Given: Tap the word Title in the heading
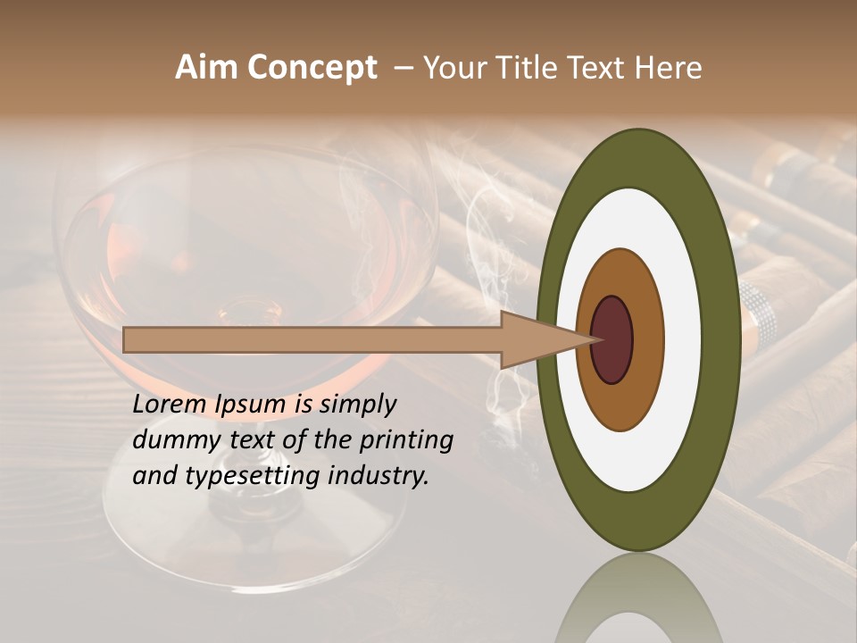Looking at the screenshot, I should point(530,68).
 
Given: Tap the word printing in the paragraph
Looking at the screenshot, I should point(405,440).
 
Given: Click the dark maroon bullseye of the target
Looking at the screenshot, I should point(612,340).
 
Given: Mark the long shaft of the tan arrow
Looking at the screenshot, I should point(312,340).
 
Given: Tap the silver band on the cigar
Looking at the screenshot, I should point(757,308).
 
